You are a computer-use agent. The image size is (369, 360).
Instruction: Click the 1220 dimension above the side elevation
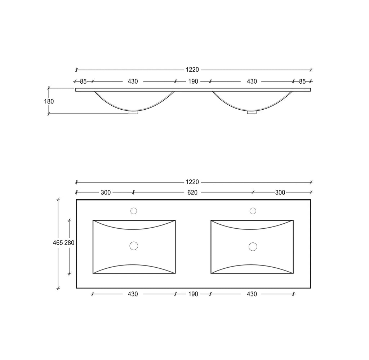[x=192, y=70]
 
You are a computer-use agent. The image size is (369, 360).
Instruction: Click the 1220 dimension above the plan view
[x=192, y=182]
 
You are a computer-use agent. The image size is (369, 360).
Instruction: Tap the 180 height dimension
[x=49, y=102]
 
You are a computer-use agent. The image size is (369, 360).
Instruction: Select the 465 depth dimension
[x=58, y=243]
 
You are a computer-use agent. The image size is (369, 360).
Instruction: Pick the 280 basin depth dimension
[x=70, y=243]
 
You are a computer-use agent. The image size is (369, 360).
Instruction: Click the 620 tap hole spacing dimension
[x=192, y=193]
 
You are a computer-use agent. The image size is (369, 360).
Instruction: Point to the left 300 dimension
[x=106, y=193]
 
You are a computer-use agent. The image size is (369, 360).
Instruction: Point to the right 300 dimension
[x=280, y=193]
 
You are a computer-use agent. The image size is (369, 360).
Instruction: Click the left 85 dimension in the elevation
[x=83, y=82]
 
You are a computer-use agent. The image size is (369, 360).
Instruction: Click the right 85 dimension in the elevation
[x=302, y=82]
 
